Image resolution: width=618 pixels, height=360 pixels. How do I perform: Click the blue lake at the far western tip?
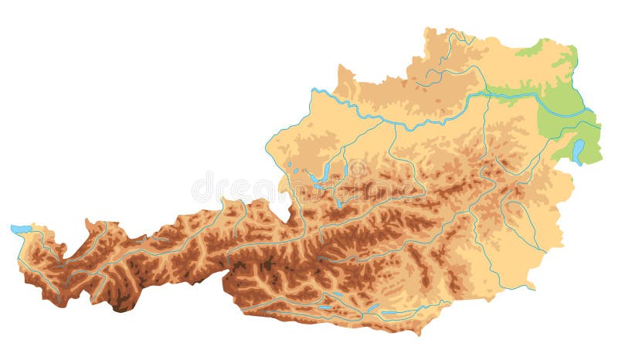(21, 229)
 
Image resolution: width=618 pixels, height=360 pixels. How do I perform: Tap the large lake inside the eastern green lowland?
(578, 150)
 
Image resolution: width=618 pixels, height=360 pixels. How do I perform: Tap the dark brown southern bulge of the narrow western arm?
(121, 304)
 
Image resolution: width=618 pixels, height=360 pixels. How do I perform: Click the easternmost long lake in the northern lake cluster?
(346, 168)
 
